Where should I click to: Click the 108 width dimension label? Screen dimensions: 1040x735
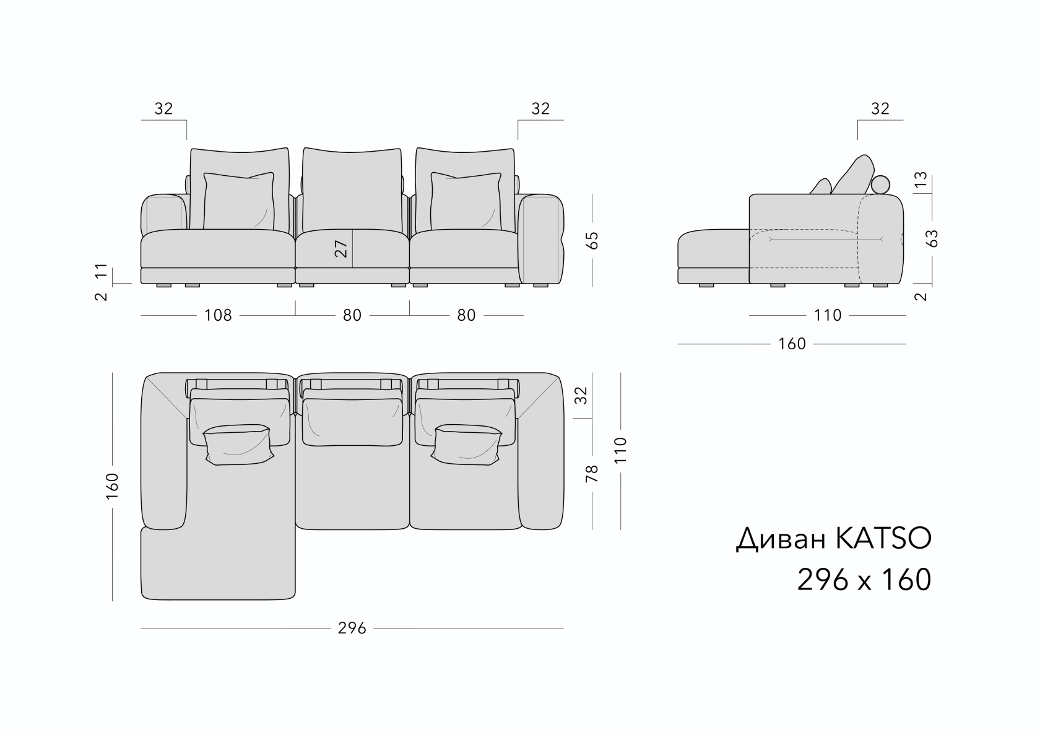pos(218,316)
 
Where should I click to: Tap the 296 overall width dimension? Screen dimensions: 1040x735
pos(352,628)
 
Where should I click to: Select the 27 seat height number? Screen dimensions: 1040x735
pos(340,249)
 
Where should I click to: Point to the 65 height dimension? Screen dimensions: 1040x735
pos(592,240)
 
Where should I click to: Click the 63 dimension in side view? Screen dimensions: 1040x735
pos(932,238)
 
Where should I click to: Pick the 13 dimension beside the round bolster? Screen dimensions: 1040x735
pos(920,179)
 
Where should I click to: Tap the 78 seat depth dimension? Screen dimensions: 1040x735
pos(592,474)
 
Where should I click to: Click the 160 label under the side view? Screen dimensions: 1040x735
pos(792,344)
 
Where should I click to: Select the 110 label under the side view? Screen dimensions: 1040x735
pos(827,316)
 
